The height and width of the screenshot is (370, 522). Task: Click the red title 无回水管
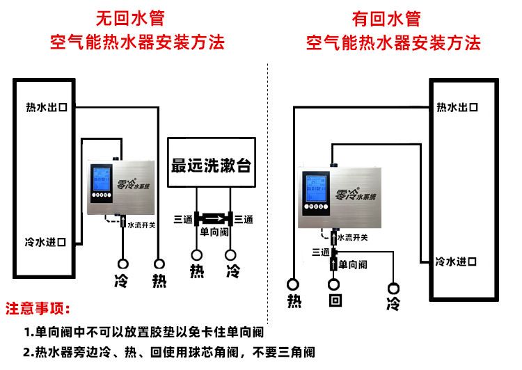click(x=136, y=17)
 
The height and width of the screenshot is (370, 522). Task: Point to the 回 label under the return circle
click(x=335, y=302)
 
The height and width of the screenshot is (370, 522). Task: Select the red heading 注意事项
click(x=38, y=308)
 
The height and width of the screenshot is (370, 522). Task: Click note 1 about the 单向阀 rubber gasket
click(x=144, y=332)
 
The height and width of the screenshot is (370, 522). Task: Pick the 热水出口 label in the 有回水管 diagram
click(x=457, y=107)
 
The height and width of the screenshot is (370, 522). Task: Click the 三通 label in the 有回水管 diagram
click(x=321, y=252)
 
